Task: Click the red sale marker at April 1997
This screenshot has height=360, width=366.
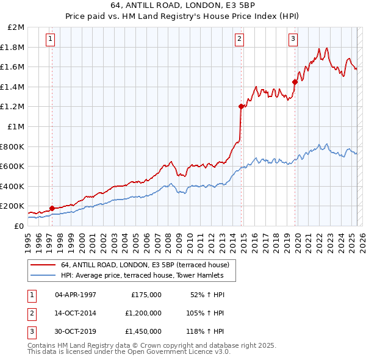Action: (x=52, y=208)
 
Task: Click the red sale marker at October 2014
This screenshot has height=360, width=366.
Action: (x=241, y=106)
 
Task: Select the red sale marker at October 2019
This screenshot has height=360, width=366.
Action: (x=295, y=81)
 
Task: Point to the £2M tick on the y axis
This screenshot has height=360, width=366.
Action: (x=16, y=27)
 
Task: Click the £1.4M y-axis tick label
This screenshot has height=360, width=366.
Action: (x=13, y=87)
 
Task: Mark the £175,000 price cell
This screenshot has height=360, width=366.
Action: (x=146, y=295)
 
